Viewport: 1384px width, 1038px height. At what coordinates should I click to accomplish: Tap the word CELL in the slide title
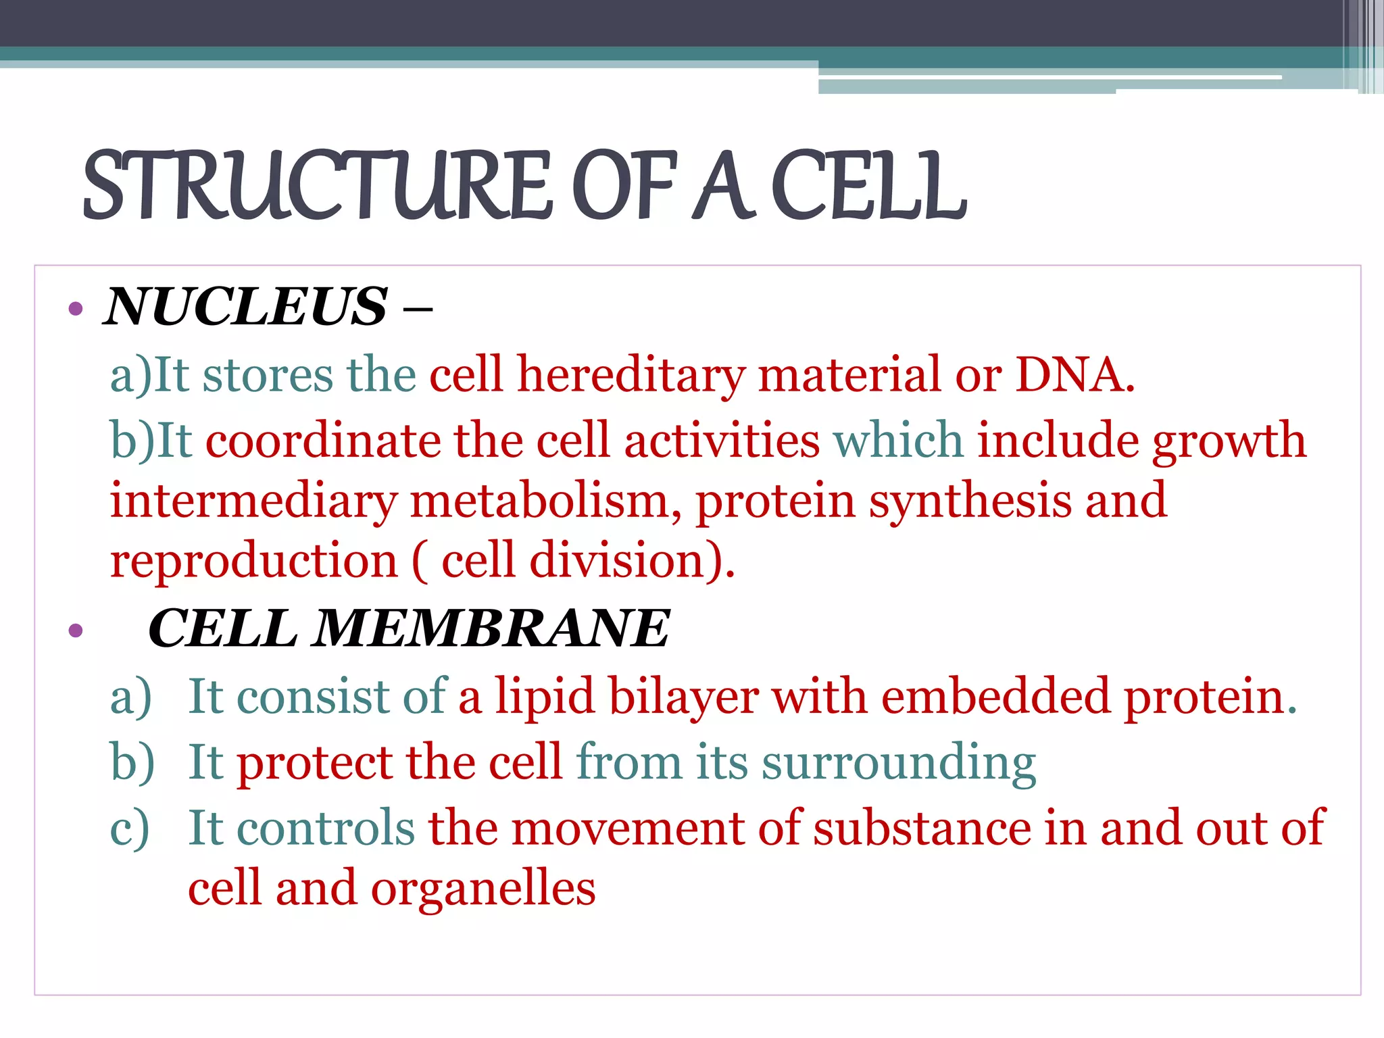pos(868,186)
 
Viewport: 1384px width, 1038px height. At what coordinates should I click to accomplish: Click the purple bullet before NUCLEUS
pos(76,310)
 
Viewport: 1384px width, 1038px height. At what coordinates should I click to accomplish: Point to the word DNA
pos(1074,375)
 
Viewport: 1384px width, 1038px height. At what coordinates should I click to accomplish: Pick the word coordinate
pos(323,441)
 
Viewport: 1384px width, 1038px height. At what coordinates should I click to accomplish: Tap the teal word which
pos(898,441)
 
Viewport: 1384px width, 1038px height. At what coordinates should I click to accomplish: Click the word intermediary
pos(254,502)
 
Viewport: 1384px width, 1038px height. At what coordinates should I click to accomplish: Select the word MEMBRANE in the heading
pos(492,628)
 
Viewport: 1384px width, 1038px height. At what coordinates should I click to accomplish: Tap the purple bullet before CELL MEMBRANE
pos(76,631)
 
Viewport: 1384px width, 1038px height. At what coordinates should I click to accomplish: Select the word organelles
pos(483,889)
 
